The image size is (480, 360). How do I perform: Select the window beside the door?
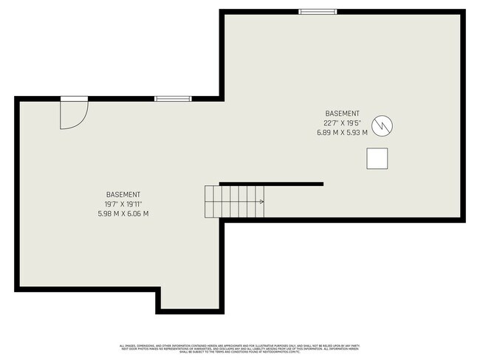click(x=172, y=98)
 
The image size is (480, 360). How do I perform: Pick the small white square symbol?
click(x=378, y=159)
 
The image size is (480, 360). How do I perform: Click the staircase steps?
click(x=233, y=201)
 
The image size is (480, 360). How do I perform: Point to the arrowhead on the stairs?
click(x=262, y=201)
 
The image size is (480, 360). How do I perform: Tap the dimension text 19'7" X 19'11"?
click(x=123, y=204)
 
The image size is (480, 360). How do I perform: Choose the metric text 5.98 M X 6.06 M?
click(x=123, y=214)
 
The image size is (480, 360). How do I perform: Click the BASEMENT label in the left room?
click(x=123, y=194)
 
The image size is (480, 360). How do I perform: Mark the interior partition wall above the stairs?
click(x=271, y=184)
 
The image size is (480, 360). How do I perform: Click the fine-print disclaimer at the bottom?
click(x=240, y=348)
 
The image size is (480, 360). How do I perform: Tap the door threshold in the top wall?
click(x=74, y=98)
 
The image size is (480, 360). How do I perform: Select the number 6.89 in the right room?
click(x=326, y=134)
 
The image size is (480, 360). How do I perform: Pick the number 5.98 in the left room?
click(x=106, y=214)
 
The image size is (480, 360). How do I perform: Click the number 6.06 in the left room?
click(x=137, y=214)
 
